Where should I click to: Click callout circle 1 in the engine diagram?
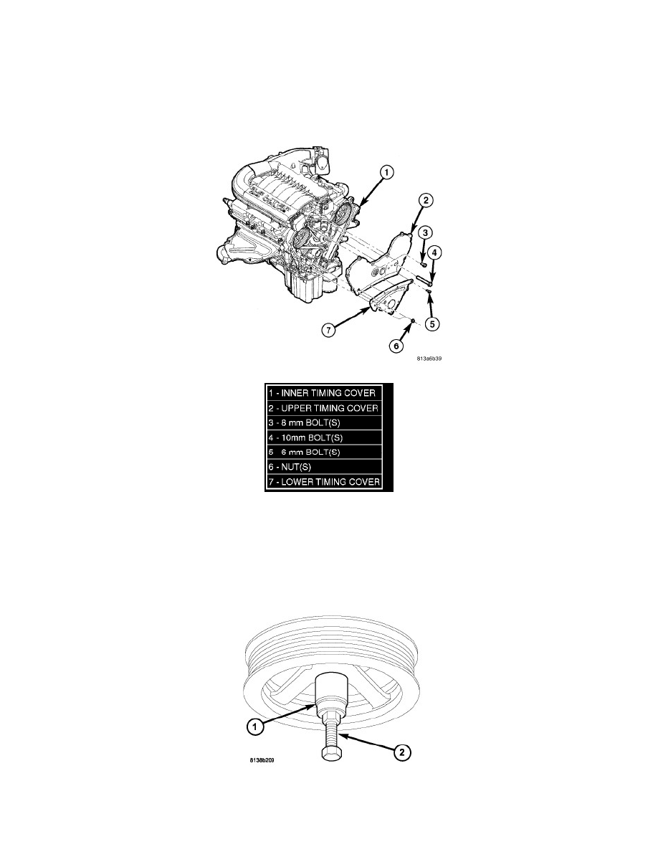(x=386, y=173)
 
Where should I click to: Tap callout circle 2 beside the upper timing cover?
(x=425, y=201)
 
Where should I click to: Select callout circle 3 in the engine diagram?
(x=425, y=232)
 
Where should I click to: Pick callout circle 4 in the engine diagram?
(x=434, y=252)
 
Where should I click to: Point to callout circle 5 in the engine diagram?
(x=431, y=324)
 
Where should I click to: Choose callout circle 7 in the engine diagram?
(x=328, y=330)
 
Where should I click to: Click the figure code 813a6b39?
(x=429, y=359)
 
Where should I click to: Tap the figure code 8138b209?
(x=262, y=760)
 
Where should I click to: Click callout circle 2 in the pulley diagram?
(x=401, y=752)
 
